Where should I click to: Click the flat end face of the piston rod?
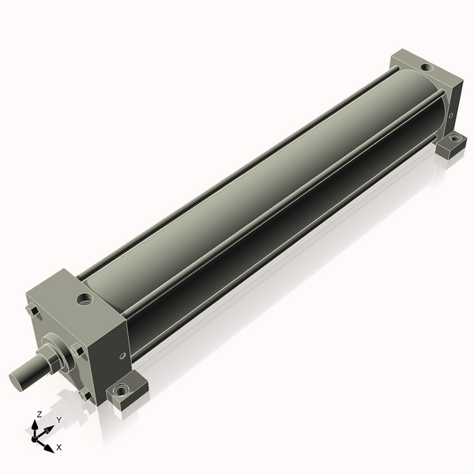tap(16, 380)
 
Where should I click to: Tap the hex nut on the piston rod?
tap(47, 359)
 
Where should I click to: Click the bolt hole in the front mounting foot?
tap(121, 389)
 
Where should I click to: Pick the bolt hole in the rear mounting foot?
tap(453, 138)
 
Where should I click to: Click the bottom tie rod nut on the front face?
tap(85, 395)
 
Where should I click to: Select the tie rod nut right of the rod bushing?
tap(77, 350)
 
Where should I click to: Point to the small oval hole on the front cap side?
tap(122, 355)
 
